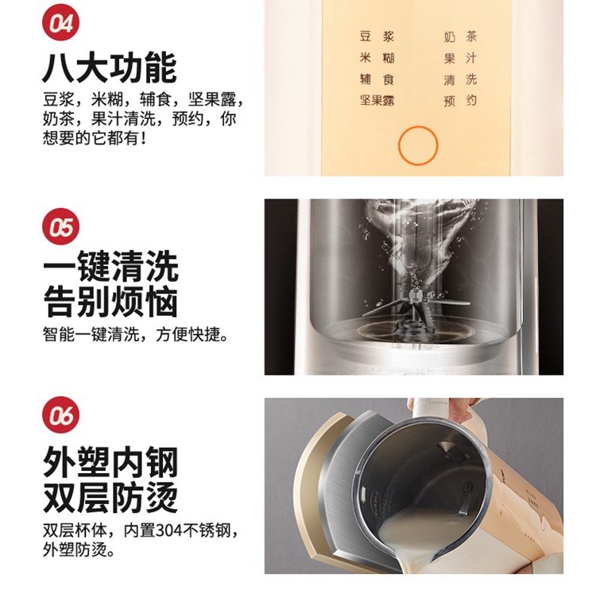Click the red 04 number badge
point(60,22)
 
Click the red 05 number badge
point(60,226)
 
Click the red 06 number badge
point(60,414)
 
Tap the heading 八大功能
point(110,68)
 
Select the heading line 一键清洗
point(110,266)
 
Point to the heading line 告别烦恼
point(110,302)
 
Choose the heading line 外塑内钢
point(110,462)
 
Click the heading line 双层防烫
point(110,498)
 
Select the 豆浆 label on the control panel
point(377,37)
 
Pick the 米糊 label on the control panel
point(377,58)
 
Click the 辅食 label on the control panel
point(377,79)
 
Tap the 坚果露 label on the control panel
point(377,100)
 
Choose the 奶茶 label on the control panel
point(460,37)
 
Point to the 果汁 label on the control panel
point(460,58)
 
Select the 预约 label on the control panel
point(460,101)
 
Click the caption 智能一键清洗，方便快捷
point(135,334)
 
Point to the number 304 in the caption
point(168,531)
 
